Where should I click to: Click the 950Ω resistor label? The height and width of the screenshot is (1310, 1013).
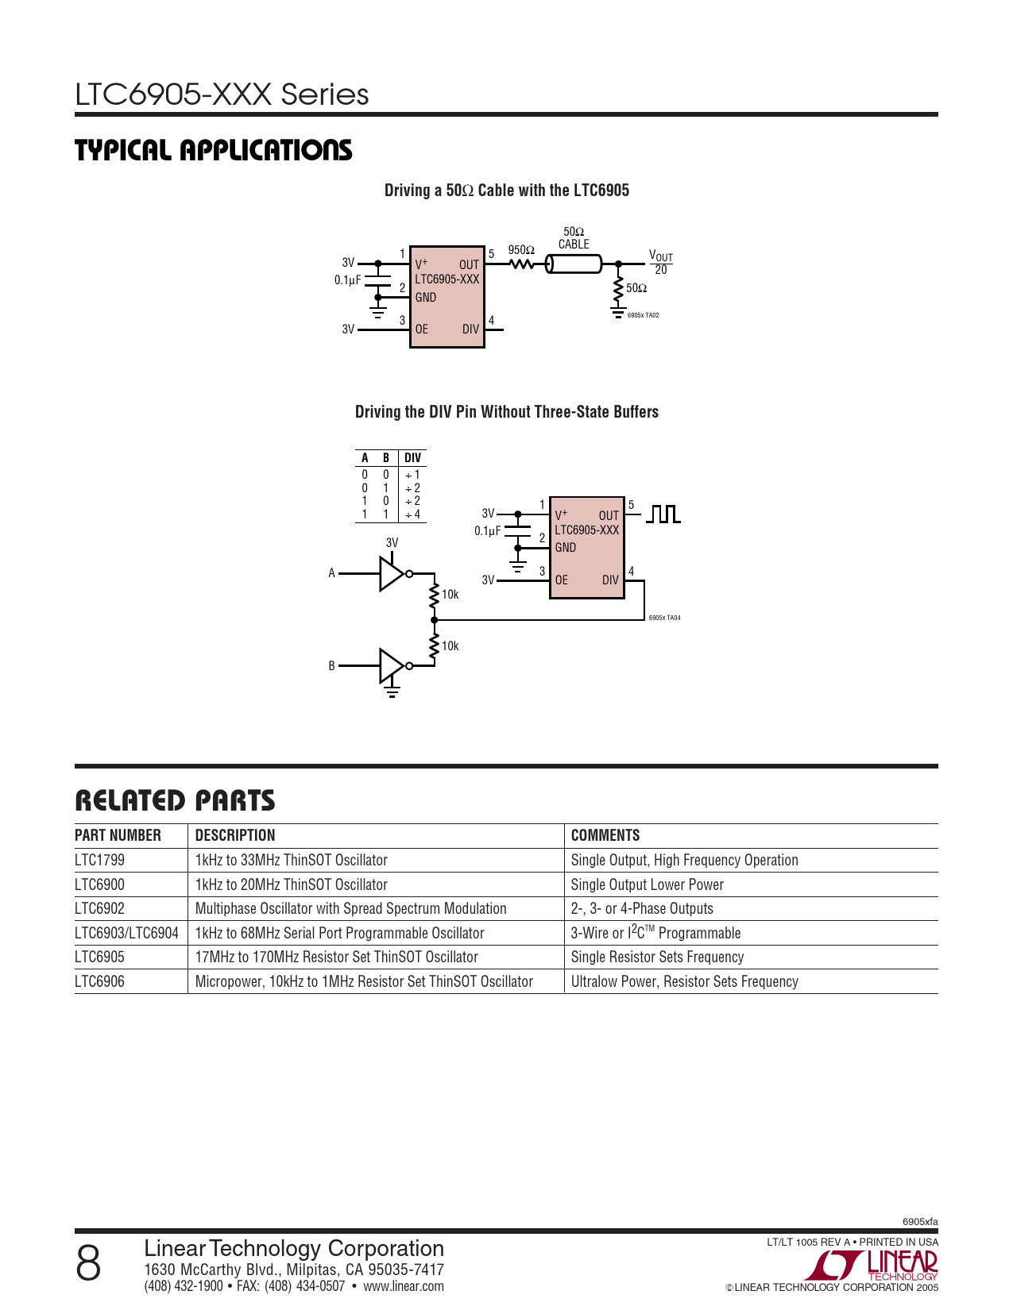click(x=521, y=250)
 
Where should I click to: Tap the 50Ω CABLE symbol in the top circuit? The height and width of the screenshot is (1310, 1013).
click(x=574, y=264)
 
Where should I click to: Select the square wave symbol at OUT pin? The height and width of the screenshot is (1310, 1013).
click(x=663, y=514)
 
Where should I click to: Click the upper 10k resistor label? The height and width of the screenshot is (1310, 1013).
click(x=450, y=595)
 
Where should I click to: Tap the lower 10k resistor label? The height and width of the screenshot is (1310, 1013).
click(x=450, y=646)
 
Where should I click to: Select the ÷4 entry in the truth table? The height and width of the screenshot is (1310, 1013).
click(x=412, y=514)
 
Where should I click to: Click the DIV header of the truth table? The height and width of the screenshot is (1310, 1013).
click(x=412, y=458)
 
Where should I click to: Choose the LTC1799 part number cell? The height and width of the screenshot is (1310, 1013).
click(x=100, y=860)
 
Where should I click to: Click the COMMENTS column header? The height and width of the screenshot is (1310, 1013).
click(x=605, y=835)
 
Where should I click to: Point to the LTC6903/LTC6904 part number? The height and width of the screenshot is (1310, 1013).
click(x=126, y=933)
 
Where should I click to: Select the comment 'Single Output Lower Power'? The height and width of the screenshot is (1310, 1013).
click(x=648, y=884)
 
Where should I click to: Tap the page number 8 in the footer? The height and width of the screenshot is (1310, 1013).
click(x=88, y=1263)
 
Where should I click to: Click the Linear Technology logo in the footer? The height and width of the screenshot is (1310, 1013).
click(x=878, y=1265)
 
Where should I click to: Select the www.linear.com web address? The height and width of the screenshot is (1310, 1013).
click(x=404, y=1286)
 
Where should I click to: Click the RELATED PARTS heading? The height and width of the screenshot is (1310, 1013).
click(x=175, y=800)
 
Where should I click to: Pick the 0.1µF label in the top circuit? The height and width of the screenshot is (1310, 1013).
click(x=348, y=280)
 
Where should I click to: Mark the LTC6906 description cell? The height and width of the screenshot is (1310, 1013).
click(x=364, y=981)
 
